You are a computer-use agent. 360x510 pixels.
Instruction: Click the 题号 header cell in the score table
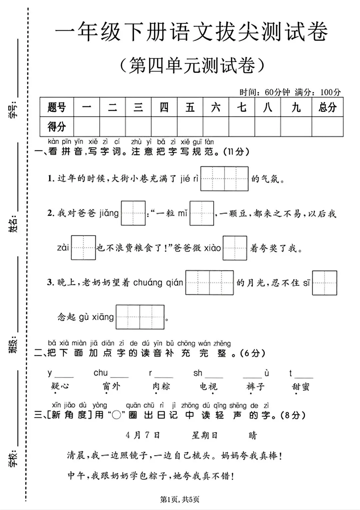(57, 107)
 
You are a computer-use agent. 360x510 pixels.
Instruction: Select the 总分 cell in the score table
(327, 107)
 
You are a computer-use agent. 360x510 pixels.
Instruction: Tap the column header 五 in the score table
(190, 107)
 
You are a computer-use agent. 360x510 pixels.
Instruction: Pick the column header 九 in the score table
(296, 107)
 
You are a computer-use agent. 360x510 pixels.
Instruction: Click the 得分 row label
(57, 126)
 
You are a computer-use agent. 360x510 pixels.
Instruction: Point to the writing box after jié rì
(224, 179)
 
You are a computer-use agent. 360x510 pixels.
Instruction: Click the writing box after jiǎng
(133, 213)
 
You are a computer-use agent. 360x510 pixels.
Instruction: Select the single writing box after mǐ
(202, 213)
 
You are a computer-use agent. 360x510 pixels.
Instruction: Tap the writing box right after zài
(83, 248)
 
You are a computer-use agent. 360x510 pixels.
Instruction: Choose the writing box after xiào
(235, 248)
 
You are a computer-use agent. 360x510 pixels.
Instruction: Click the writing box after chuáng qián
(209, 283)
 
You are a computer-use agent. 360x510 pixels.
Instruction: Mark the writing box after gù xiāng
(140, 317)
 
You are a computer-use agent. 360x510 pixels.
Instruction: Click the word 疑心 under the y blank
(60, 386)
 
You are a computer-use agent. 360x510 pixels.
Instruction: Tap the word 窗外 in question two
(111, 386)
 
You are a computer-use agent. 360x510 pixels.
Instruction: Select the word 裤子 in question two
(256, 386)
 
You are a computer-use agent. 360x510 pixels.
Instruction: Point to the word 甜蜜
(301, 386)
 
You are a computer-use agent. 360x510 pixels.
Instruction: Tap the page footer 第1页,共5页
(180, 499)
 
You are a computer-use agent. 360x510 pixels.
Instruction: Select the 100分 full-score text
(330, 92)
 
